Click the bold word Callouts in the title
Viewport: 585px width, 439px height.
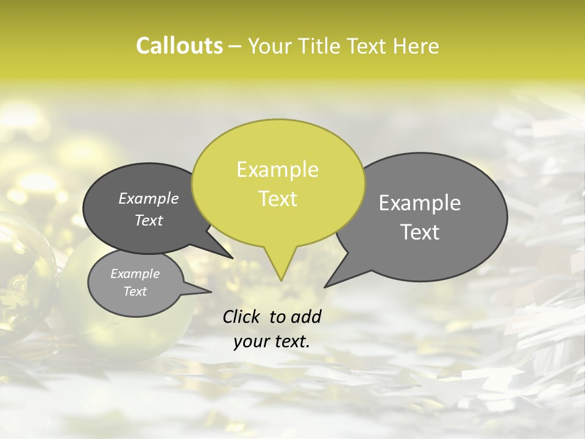179,46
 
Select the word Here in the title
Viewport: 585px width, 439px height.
416,46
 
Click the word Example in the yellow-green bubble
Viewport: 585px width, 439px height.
277,170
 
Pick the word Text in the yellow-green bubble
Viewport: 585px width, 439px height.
278,199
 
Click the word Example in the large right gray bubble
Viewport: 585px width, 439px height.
420,203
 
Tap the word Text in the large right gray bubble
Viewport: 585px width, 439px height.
420,232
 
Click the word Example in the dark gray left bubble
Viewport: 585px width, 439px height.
149,198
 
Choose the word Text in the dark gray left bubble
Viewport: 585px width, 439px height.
149,220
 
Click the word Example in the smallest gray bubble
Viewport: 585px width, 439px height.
135,274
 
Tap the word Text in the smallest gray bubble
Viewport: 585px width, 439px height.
135,291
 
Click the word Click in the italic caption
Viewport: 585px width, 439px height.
241,316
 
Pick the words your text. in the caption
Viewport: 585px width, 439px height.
272,342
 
